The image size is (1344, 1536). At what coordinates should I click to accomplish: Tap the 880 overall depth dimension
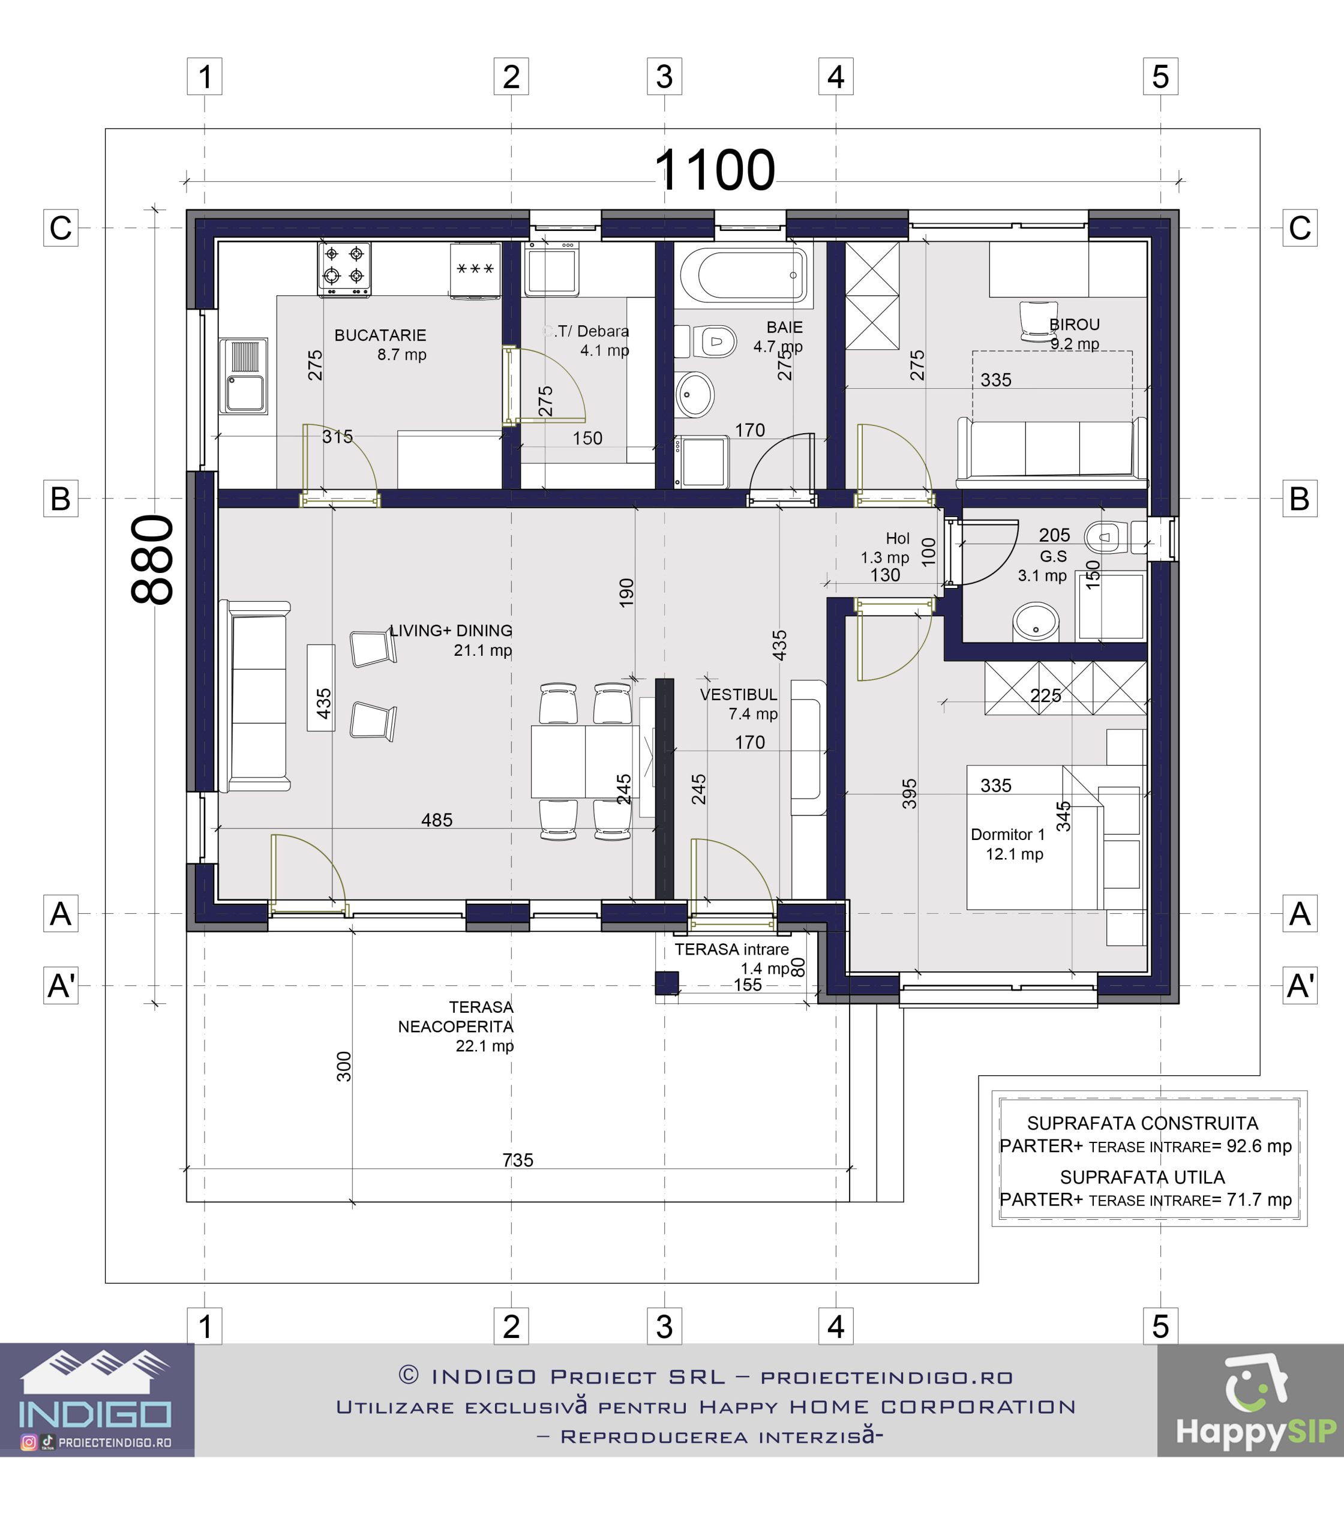[x=152, y=559]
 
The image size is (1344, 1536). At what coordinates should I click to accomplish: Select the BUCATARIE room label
[x=380, y=335]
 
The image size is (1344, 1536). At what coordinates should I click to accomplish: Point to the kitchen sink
[x=244, y=376]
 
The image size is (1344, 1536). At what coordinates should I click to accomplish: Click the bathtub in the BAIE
[x=744, y=275]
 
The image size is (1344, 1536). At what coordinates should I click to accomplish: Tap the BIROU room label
[x=1074, y=325]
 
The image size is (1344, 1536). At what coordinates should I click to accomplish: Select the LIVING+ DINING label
[x=451, y=631]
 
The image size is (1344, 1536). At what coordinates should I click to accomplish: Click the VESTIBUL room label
[x=739, y=695]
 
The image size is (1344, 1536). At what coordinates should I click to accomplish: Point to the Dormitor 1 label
[x=1007, y=834]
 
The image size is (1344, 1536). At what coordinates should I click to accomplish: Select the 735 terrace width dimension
[x=517, y=1160]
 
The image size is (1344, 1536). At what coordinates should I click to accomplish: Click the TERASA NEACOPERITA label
[x=456, y=1016]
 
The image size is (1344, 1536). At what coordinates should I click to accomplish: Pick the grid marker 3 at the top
[x=665, y=77]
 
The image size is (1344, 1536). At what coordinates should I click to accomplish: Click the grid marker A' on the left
[x=61, y=985]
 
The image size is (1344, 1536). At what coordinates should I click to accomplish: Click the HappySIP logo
[x=1256, y=1403]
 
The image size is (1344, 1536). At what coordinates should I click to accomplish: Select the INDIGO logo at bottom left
[x=96, y=1400]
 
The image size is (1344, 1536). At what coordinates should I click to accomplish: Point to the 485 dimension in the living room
[x=437, y=820]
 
